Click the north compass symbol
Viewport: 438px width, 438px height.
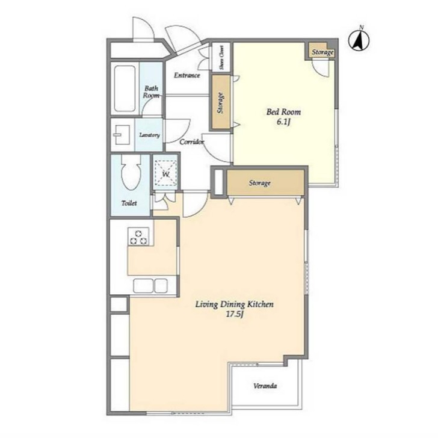click(359, 40)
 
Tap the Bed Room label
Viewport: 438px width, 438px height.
click(283, 112)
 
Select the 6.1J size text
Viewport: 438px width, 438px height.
click(283, 122)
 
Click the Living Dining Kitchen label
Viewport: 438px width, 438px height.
click(234, 304)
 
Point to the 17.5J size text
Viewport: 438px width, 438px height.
click(235, 314)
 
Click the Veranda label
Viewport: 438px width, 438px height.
click(265, 386)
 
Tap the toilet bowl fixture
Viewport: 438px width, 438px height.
click(131, 172)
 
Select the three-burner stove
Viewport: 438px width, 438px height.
click(138, 236)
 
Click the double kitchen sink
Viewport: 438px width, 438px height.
click(150, 286)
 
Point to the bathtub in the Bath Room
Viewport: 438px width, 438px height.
click(125, 89)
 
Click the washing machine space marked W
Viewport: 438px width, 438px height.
click(166, 174)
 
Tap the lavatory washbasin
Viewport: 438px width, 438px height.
click(122, 135)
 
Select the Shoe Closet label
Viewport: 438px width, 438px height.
click(221, 58)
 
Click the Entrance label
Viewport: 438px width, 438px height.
click(187, 75)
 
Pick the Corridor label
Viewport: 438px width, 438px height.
click(191, 142)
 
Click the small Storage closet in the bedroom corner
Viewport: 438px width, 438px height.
click(321, 51)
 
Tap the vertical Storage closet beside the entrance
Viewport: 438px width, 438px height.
click(221, 102)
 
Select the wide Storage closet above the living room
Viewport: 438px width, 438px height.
click(265, 183)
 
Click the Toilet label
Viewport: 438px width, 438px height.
click(129, 203)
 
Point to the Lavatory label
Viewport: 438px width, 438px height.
click(149, 135)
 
